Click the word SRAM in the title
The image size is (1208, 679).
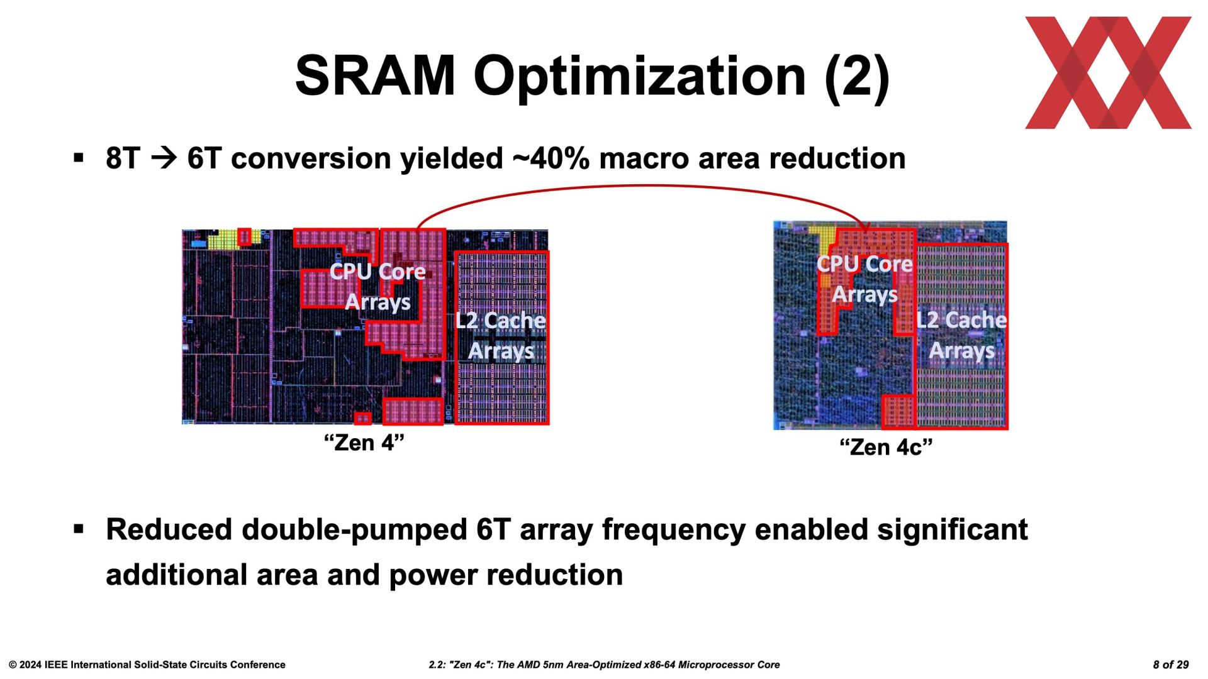[375, 75]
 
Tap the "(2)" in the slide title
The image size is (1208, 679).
[857, 77]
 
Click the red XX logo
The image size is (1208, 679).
[1108, 73]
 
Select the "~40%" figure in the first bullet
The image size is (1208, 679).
[551, 158]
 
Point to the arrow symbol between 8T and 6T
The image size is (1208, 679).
[164, 158]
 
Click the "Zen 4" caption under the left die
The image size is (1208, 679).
[364, 443]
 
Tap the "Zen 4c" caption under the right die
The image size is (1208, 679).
[886, 447]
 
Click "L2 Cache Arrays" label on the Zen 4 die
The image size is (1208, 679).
[501, 335]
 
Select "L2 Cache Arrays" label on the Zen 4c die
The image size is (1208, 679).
[961, 334]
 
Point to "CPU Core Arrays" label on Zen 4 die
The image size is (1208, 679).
[377, 286]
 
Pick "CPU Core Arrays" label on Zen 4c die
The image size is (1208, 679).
[864, 279]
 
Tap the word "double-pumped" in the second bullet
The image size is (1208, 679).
[354, 529]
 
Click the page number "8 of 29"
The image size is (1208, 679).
[1171, 665]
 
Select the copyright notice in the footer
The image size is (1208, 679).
[147, 665]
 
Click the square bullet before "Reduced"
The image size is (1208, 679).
[79, 529]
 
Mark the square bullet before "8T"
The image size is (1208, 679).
[79, 157]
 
